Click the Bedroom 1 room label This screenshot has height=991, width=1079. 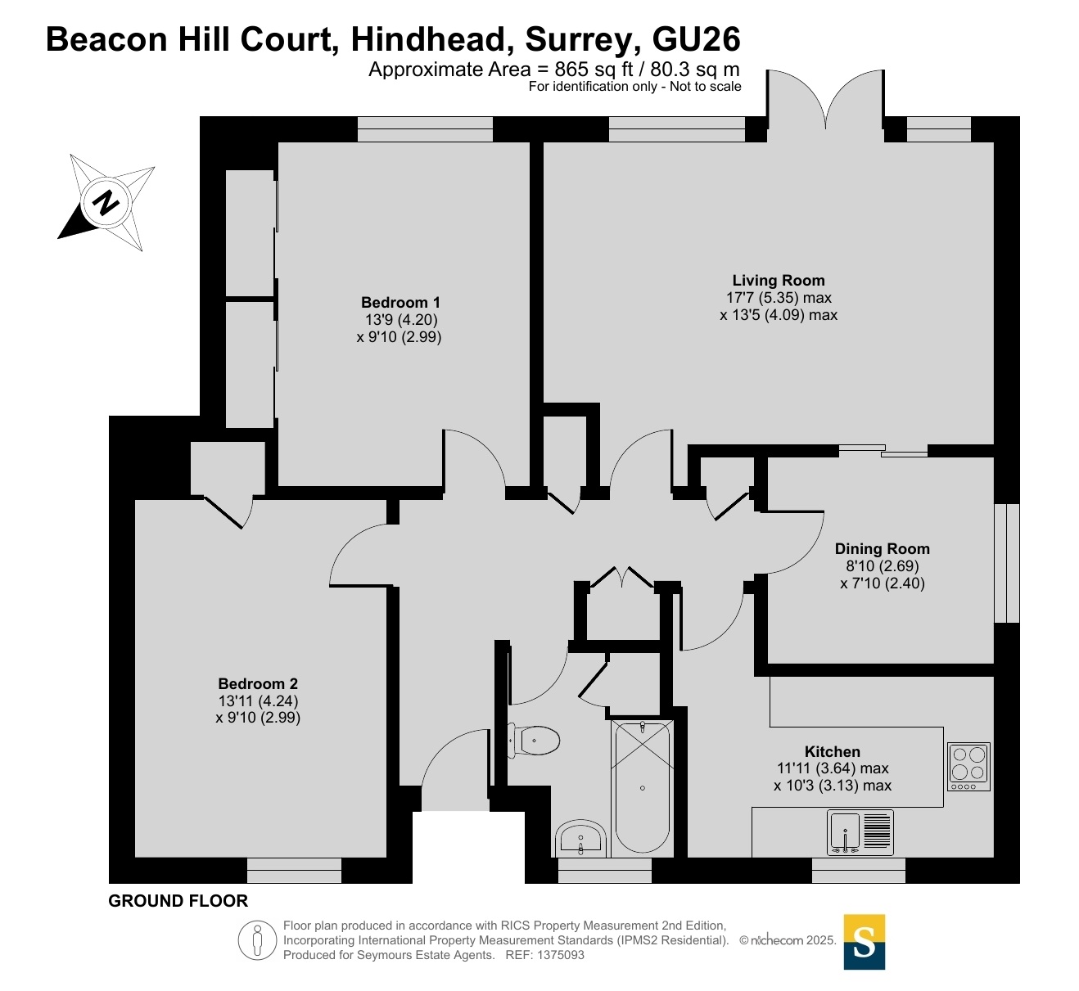pyautogui.click(x=400, y=302)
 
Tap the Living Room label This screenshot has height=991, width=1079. pyautogui.click(x=779, y=280)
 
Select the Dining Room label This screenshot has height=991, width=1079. pyautogui.click(x=883, y=548)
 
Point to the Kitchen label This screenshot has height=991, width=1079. pyautogui.click(x=832, y=751)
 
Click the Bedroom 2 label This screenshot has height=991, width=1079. pyautogui.click(x=258, y=683)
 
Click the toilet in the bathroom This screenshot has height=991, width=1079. pyautogui.click(x=534, y=741)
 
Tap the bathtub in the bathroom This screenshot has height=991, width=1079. pyautogui.click(x=642, y=787)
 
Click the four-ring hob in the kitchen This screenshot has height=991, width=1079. pyautogui.click(x=968, y=767)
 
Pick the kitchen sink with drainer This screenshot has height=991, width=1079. pyautogui.click(x=860, y=832)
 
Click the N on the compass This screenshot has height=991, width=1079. pyautogui.click(x=106, y=203)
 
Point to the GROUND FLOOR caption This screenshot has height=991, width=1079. pyautogui.click(x=178, y=901)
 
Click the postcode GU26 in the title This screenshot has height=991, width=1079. pyautogui.click(x=696, y=39)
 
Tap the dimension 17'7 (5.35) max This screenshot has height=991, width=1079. pyautogui.click(x=779, y=297)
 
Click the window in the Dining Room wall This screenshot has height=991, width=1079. pyautogui.click(x=1006, y=563)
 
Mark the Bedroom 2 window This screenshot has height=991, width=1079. pyautogui.click(x=294, y=871)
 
